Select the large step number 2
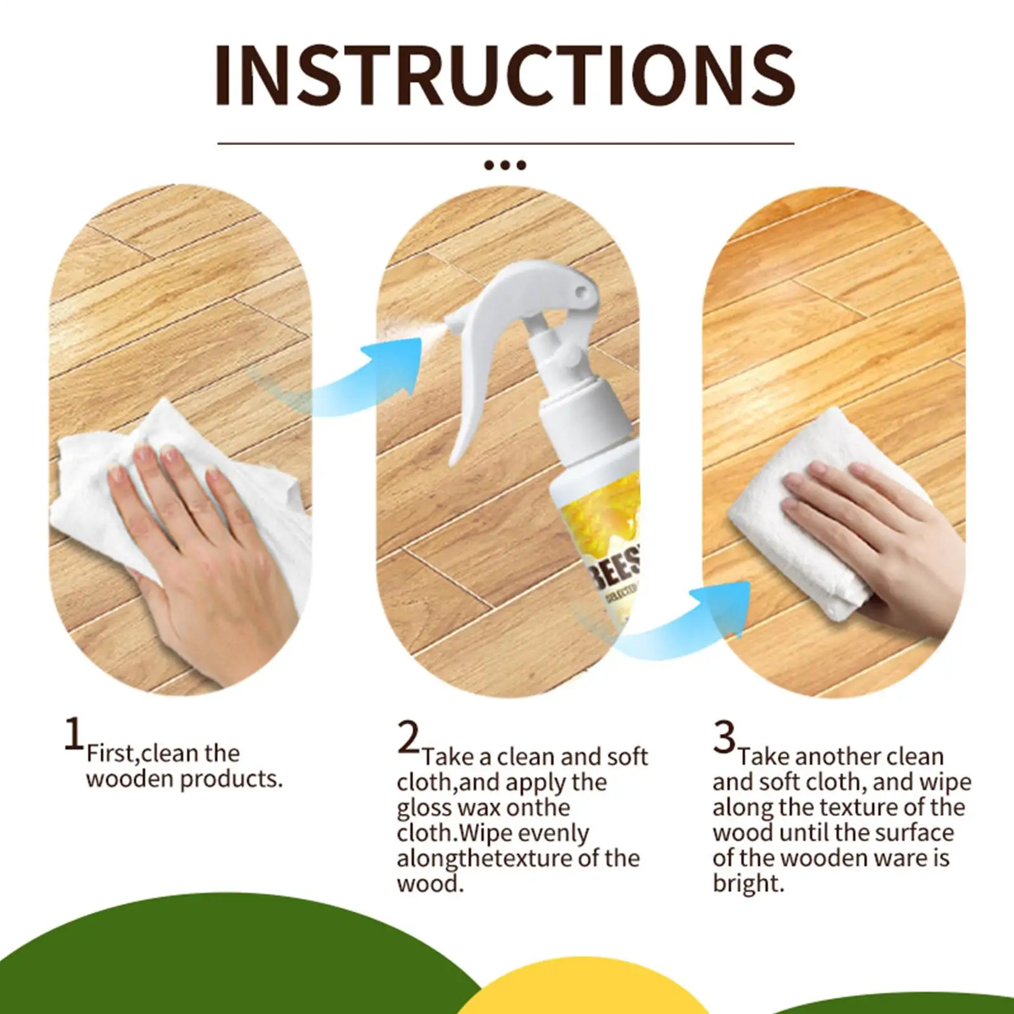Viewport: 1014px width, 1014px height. pos(409,737)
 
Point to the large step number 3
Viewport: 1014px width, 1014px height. pos(724,737)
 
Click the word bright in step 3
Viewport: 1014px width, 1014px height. pos(748,884)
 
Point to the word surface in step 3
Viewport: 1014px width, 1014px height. pos(914,833)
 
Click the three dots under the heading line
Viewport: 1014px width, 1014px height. pos(505,165)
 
